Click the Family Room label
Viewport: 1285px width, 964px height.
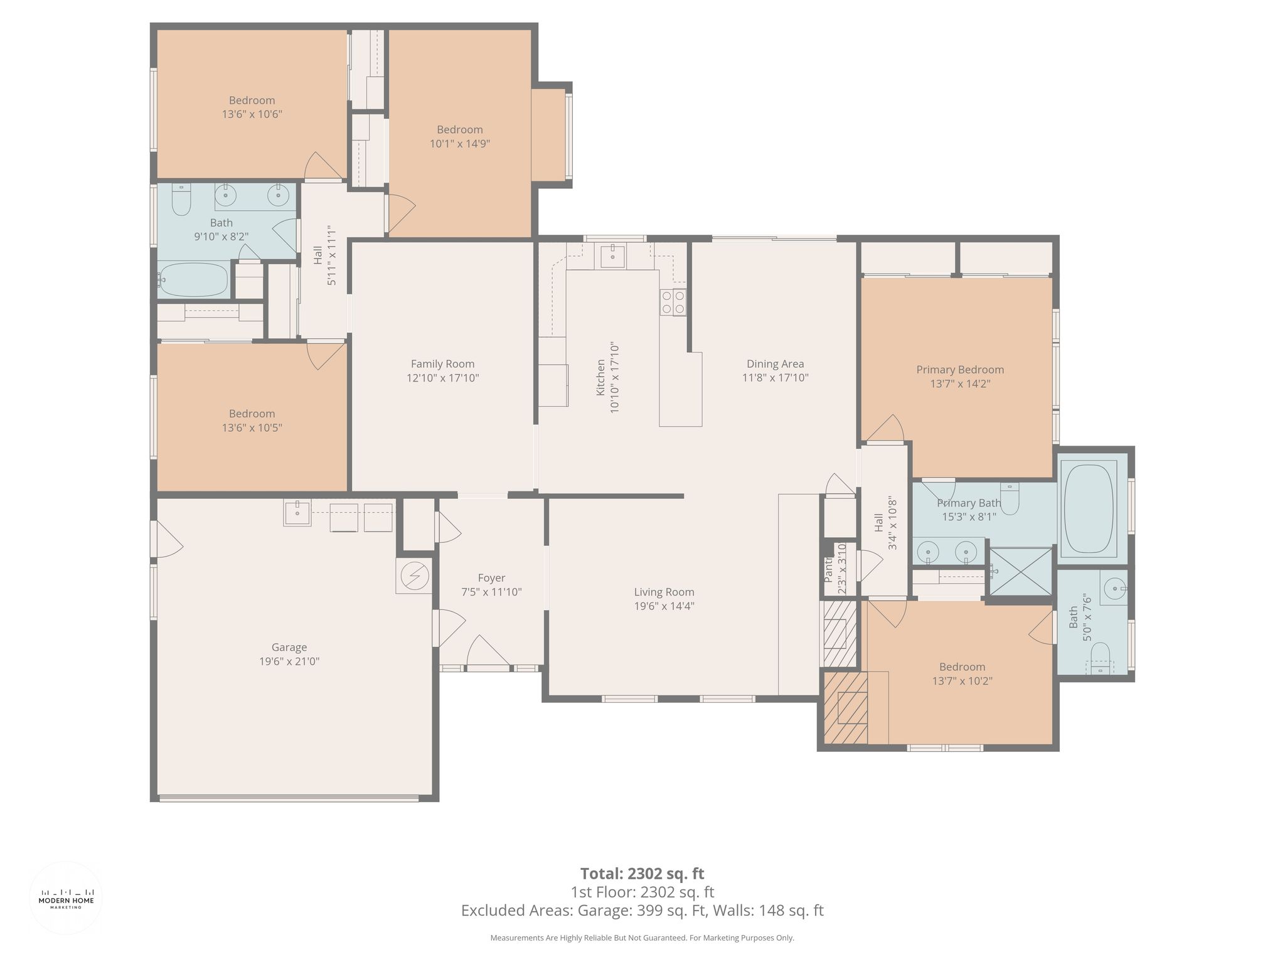[x=442, y=364]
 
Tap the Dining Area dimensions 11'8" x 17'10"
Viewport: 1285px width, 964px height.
[x=776, y=378]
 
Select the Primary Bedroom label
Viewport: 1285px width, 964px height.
[x=960, y=370]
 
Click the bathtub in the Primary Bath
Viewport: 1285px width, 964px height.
[x=1089, y=508]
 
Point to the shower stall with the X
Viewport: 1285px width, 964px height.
[x=1021, y=571]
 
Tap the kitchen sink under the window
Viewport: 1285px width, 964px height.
[x=610, y=256]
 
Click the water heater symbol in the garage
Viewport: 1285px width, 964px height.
[x=414, y=576]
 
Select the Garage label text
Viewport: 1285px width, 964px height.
[x=289, y=647]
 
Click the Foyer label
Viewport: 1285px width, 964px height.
[x=491, y=578]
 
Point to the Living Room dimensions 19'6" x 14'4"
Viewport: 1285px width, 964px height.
[x=664, y=606]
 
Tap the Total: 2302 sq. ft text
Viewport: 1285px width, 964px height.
[x=642, y=873]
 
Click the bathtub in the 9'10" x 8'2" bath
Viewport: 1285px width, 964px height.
[x=193, y=280]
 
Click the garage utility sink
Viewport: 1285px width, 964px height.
[x=297, y=513]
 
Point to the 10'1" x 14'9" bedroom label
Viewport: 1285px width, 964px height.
[x=460, y=137]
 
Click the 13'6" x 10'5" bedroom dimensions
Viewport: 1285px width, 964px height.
[x=252, y=428]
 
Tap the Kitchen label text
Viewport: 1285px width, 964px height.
[x=600, y=377]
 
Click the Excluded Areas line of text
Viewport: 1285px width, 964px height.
[x=642, y=911]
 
